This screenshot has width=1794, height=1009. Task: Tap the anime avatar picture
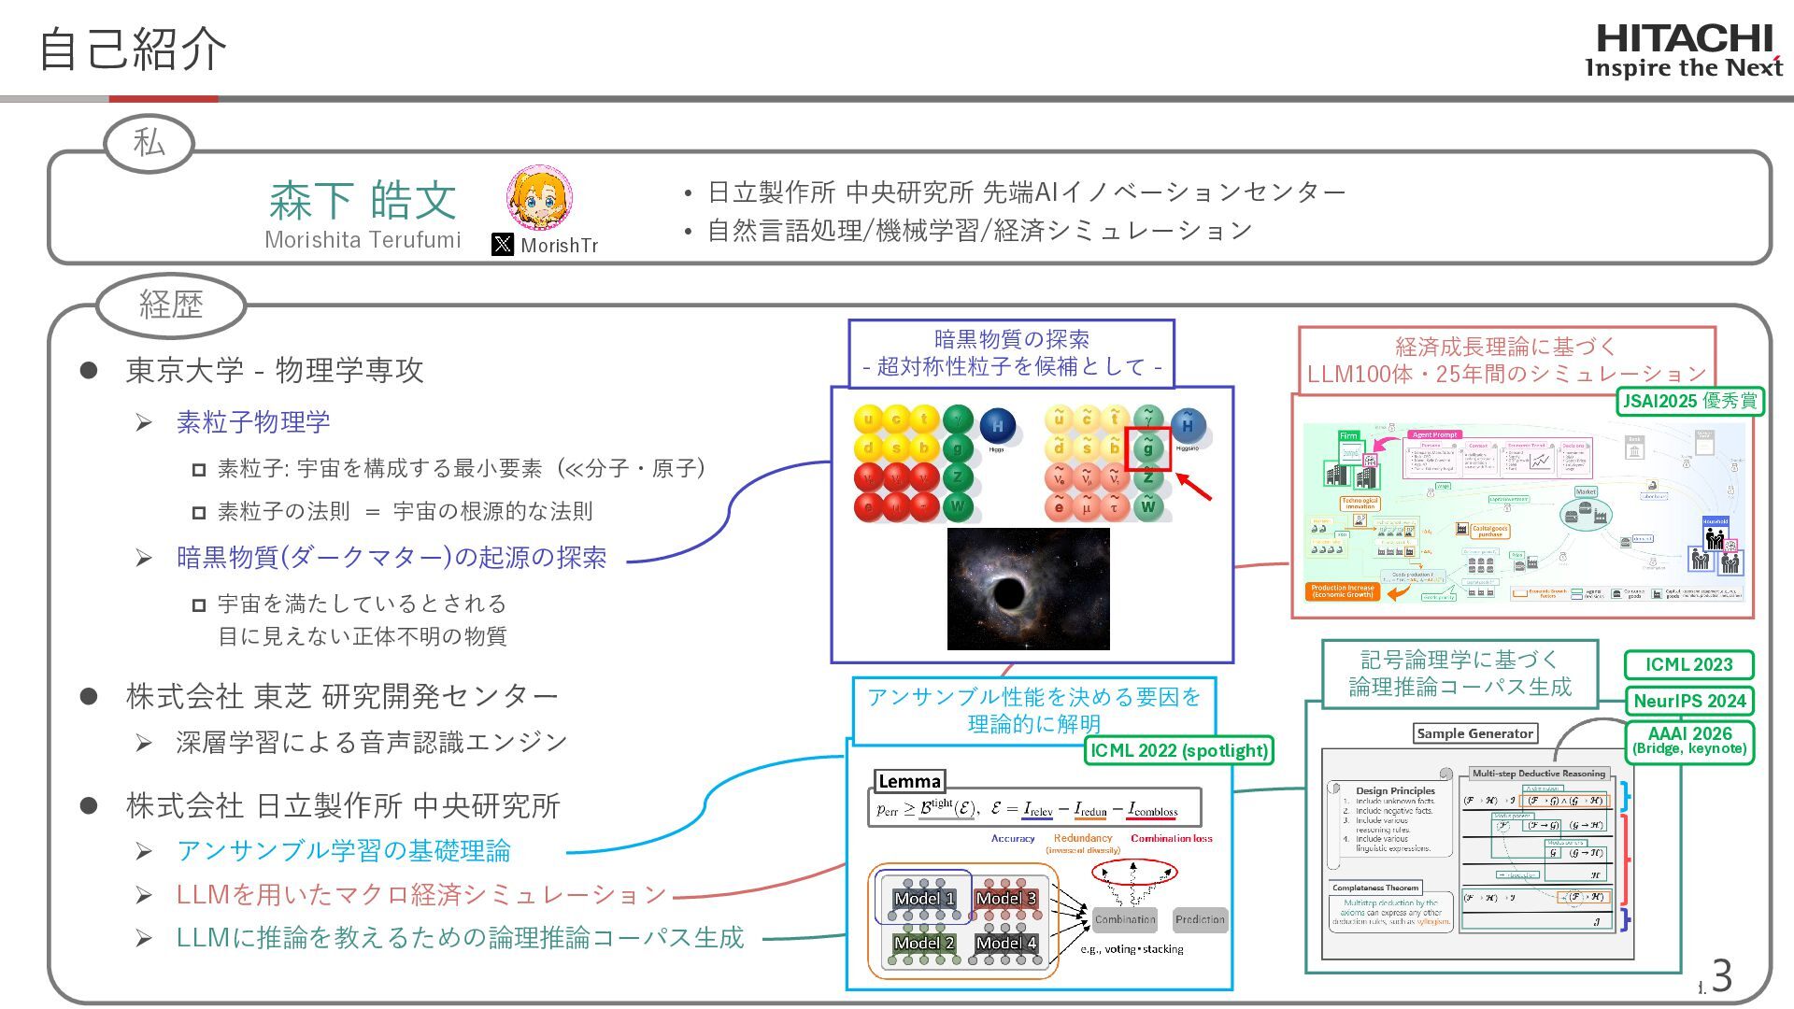click(539, 199)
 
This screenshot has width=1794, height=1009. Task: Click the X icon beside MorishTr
click(503, 245)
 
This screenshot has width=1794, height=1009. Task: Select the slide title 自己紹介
click(133, 49)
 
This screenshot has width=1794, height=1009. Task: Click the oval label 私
click(149, 144)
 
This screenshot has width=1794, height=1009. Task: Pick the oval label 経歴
click(171, 305)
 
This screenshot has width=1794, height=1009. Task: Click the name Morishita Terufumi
click(363, 240)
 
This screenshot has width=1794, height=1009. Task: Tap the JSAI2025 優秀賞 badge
click(1690, 402)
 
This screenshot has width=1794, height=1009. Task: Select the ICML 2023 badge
click(1688, 665)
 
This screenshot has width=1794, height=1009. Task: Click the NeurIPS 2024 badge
click(1689, 702)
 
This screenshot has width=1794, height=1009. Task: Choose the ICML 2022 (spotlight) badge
click(1179, 750)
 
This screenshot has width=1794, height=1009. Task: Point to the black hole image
click(1028, 589)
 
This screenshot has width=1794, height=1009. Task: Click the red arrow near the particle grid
click(1194, 487)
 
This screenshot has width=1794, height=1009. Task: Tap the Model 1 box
click(924, 899)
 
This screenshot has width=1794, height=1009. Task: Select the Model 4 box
click(1006, 943)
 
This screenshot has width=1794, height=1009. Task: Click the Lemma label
click(909, 782)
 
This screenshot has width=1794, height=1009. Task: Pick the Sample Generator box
click(1474, 733)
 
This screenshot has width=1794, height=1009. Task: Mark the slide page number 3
click(1721, 976)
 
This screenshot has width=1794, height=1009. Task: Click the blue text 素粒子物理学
click(253, 422)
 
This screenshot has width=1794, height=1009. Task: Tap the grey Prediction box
click(1200, 919)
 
